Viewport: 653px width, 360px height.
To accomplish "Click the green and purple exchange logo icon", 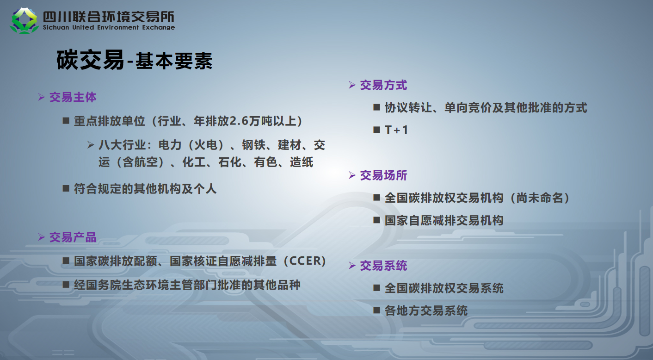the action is (x=24, y=21).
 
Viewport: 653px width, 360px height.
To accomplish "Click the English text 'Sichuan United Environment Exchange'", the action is (x=109, y=27).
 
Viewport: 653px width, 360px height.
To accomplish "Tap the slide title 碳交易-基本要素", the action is (x=135, y=60).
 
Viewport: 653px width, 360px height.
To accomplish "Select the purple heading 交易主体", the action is (x=73, y=97).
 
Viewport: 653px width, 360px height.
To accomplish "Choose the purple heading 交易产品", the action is (x=73, y=237).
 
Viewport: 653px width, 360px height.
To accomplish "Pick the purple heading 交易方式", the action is (x=383, y=85).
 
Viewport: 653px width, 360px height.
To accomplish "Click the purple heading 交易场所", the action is (x=383, y=175).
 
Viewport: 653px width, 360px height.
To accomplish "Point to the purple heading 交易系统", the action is (x=383, y=266).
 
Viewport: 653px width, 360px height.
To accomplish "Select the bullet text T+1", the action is (x=396, y=130).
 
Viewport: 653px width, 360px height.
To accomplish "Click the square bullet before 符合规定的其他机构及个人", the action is (x=66, y=188).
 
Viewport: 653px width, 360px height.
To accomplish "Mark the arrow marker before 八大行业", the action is (x=91, y=145).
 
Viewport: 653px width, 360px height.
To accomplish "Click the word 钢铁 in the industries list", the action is (x=253, y=145).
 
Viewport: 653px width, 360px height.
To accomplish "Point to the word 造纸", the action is (x=302, y=162).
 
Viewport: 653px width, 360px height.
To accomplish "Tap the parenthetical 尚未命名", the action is (x=540, y=198).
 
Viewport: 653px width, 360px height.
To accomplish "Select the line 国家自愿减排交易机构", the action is (x=444, y=221).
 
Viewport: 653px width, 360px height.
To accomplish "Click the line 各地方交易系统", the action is (x=426, y=310).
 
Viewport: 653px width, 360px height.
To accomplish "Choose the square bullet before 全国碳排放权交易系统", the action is (x=376, y=288).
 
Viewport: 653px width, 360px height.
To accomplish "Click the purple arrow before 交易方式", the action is (x=352, y=85).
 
